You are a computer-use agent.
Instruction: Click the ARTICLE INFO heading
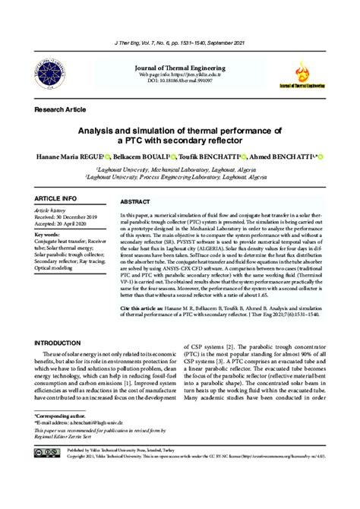point(55,198)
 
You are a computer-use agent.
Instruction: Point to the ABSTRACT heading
point(135,203)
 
